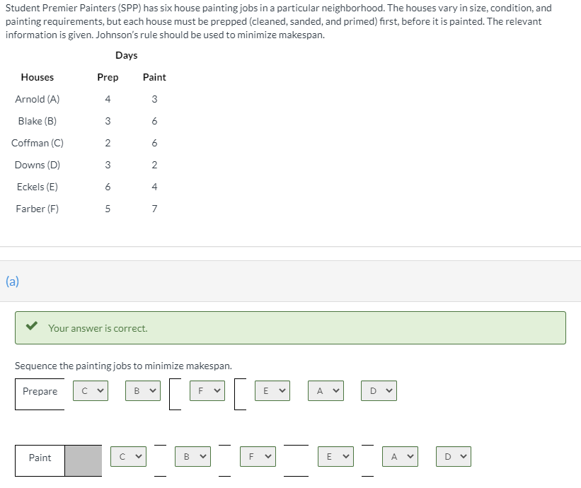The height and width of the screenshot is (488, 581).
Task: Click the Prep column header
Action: (x=108, y=77)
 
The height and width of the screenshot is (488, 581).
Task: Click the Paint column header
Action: (x=154, y=77)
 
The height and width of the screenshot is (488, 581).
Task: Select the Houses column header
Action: (x=37, y=77)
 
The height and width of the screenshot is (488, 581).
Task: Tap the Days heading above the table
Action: (x=127, y=55)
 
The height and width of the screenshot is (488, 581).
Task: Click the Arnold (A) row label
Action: (x=37, y=99)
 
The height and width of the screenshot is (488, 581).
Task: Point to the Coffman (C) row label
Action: (x=37, y=143)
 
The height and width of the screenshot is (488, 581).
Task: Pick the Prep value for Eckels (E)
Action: (x=108, y=187)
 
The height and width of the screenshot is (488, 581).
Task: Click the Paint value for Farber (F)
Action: (x=154, y=209)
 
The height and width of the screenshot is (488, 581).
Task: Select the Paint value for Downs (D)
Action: (x=154, y=165)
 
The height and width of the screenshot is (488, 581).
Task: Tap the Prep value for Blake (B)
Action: (x=108, y=121)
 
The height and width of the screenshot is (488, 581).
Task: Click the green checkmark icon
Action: (x=32, y=325)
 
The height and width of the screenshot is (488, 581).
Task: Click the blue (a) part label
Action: (x=12, y=281)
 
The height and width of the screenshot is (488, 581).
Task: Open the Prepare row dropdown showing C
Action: (x=91, y=390)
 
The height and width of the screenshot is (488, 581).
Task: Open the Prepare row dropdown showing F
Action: (x=207, y=390)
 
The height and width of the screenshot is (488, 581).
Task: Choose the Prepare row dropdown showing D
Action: (x=379, y=390)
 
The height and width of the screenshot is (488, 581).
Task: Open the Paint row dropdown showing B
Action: (x=192, y=457)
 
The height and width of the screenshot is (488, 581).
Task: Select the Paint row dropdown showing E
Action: (x=335, y=457)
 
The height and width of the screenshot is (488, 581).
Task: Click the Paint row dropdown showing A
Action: (x=400, y=457)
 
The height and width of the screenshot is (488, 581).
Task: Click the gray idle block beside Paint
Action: (x=84, y=460)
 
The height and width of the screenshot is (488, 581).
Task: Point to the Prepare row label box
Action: (x=40, y=394)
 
